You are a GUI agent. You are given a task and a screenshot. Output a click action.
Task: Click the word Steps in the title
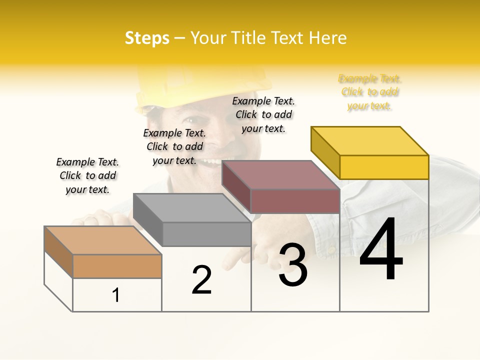[147, 38]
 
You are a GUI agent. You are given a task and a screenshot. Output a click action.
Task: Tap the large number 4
[381, 250]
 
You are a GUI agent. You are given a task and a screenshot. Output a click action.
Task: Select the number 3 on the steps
[292, 265]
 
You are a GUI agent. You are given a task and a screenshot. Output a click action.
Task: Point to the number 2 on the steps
[201, 280]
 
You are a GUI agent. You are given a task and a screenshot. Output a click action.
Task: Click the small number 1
[116, 295]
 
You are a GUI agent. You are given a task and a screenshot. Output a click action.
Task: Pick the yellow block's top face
[369, 140]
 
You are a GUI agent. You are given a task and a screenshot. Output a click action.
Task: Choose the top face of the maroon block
[280, 175]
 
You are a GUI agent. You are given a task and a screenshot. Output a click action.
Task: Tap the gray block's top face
[191, 208]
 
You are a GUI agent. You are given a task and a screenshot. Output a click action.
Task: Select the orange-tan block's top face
[102, 240]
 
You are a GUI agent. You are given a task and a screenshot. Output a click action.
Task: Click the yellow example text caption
[370, 92]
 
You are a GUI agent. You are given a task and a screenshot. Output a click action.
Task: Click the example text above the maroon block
[263, 114]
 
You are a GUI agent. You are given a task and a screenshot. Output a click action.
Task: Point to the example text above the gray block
[174, 146]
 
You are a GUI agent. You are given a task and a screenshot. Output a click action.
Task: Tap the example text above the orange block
[87, 175]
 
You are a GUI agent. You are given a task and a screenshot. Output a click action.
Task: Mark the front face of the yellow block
[384, 167]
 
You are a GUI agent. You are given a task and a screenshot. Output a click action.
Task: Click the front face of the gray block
[206, 234]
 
